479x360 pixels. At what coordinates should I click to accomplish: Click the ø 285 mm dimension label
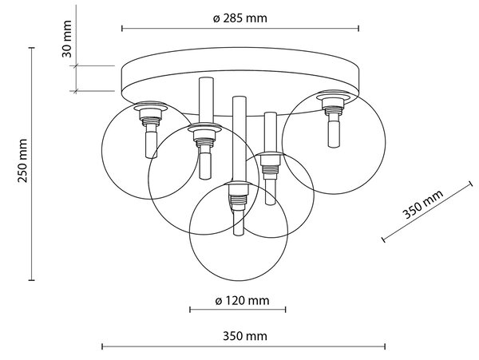click(x=239, y=18)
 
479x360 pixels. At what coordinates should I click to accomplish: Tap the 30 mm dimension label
click(x=67, y=39)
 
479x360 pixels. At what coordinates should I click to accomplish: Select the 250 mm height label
click(x=22, y=160)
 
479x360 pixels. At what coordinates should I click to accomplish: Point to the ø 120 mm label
click(x=242, y=301)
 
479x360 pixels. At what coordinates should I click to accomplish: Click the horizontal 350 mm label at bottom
click(x=245, y=336)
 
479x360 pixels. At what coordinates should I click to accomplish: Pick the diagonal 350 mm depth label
click(x=422, y=204)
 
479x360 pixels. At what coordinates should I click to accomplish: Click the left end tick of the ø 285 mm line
click(x=122, y=29)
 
